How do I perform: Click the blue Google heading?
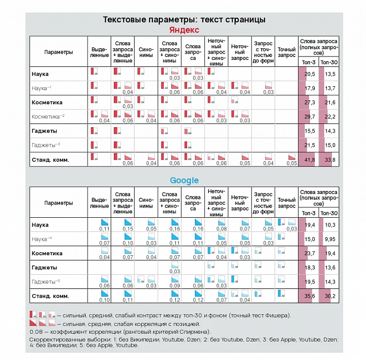(x=184, y=180)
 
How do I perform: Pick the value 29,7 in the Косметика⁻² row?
(x=309, y=116)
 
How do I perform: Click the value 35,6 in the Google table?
(x=309, y=296)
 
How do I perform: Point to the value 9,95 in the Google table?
(x=330, y=239)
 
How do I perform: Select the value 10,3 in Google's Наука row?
(x=330, y=225)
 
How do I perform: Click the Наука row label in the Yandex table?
(x=40, y=74)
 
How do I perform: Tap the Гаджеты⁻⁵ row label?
(x=46, y=282)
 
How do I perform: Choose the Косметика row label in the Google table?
(x=47, y=253)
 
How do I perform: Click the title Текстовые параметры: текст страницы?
(x=184, y=20)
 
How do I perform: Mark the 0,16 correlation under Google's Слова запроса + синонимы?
(x=174, y=229)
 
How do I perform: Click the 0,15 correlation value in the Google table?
(x=128, y=229)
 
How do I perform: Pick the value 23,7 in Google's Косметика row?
(x=309, y=253)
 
